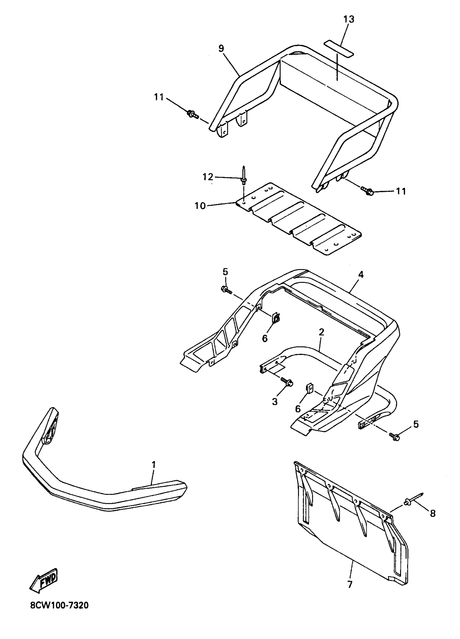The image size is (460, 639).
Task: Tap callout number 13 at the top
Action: pyautogui.click(x=349, y=19)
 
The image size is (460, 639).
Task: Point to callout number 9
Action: pyautogui.click(x=221, y=48)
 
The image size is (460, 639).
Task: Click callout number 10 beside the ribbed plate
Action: pyautogui.click(x=200, y=206)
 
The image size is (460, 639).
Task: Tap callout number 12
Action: pyautogui.click(x=208, y=177)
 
